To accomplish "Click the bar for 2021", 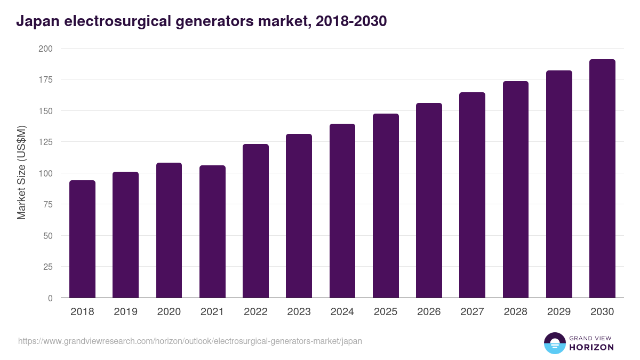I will (212, 231).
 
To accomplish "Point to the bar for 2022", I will (255, 221).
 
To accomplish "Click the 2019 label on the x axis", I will (125, 312).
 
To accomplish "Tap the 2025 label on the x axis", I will (386, 312).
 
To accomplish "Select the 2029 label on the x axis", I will (559, 312).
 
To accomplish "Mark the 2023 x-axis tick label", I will (299, 312).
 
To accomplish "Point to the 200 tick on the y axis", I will (45, 49).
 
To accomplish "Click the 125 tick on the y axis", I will (45, 142).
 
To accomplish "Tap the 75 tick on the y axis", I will (48, 205).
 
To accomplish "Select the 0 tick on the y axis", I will (50, 298).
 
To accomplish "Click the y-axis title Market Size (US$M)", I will (21, 173).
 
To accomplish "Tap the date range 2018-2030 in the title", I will (351, 21).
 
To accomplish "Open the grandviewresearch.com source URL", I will (190, 341).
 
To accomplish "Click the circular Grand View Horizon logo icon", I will (554, 343).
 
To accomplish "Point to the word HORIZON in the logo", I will (592, 347).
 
